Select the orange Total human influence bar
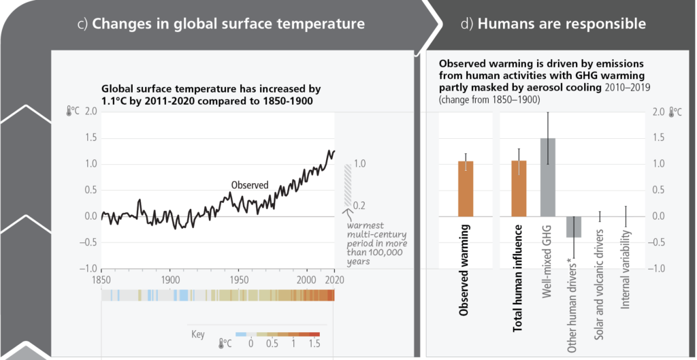(519, 189)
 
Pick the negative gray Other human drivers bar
(574, 227)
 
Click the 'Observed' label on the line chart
(250, 184)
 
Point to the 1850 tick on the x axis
(101, 280)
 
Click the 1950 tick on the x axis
(239, 280)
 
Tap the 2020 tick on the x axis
(333, 280)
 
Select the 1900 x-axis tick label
(170, 280)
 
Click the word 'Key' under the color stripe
(198, 334)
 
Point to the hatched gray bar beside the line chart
(347, 184)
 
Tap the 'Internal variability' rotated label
(626, 269)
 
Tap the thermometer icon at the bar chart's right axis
(672, 112)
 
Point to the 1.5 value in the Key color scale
(314, 345)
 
